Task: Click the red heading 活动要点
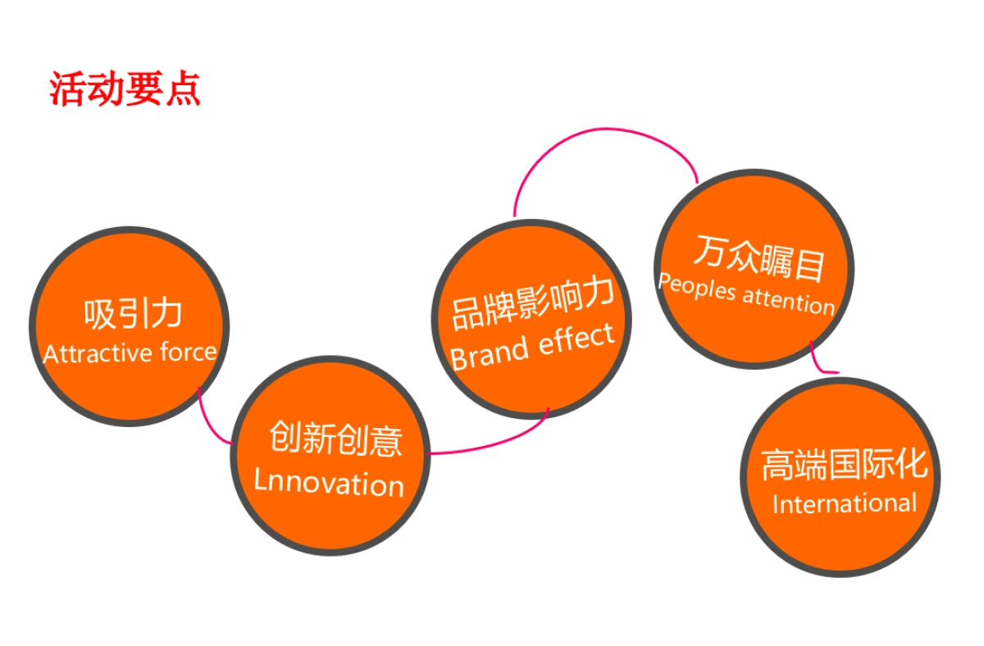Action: click(x=125, y=89)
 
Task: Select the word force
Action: click(x=189, y=352)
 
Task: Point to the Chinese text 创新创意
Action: click(x=335, y=439)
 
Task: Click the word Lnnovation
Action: click(x=329, y=482)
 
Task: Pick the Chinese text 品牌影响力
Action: click(x=532, y=303)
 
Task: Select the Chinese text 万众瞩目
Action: click(x=758, y=258)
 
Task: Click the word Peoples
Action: click(x=697, y=288)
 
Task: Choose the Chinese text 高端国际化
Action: click(x=845, y=464)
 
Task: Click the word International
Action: click(x=845, y=503)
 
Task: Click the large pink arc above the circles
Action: click(x=606, y=129)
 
